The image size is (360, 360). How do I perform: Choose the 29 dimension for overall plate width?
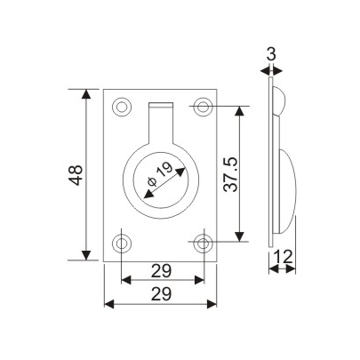(162, 292)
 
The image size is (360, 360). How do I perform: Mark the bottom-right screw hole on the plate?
(204, 241)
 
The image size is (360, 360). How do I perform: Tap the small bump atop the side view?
(278, 100)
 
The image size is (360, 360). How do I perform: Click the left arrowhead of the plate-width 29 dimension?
(110, 304)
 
